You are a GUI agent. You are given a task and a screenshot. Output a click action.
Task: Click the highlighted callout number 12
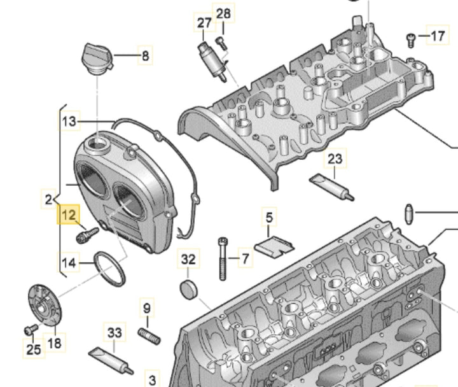point(68,215)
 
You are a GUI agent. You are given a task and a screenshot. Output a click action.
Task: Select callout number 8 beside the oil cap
point(145,56)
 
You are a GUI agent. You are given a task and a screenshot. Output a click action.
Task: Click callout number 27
point(204,23)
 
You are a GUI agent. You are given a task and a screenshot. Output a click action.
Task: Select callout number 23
point(335,158)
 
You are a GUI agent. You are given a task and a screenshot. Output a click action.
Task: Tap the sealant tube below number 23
point(331,186)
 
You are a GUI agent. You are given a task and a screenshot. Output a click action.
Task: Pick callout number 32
point(189,259)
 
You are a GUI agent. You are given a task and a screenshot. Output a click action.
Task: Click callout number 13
point(69,120)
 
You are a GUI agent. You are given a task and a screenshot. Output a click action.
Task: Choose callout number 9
point(147,309)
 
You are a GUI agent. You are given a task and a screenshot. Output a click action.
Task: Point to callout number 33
point(114,332)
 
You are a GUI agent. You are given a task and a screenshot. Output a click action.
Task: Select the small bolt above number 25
point(29,330)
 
